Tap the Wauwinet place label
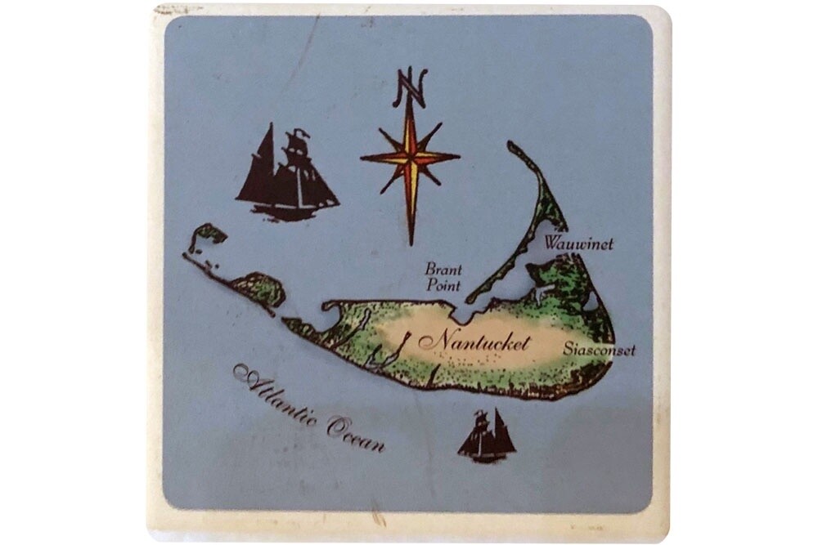click(x=579, y=243)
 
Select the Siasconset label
click(x=599, y=350)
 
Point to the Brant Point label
click(x=443, y=278)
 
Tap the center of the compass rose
click(x=411, y=157)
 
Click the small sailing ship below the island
click(x=487, y=436)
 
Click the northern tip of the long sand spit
click(x=512, y=147)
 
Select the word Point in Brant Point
click(x=443, y=286)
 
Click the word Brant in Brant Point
click(x=443, y=269)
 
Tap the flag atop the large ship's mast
click(x=301, y=133)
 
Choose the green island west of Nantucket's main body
click(x=258, y=288)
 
